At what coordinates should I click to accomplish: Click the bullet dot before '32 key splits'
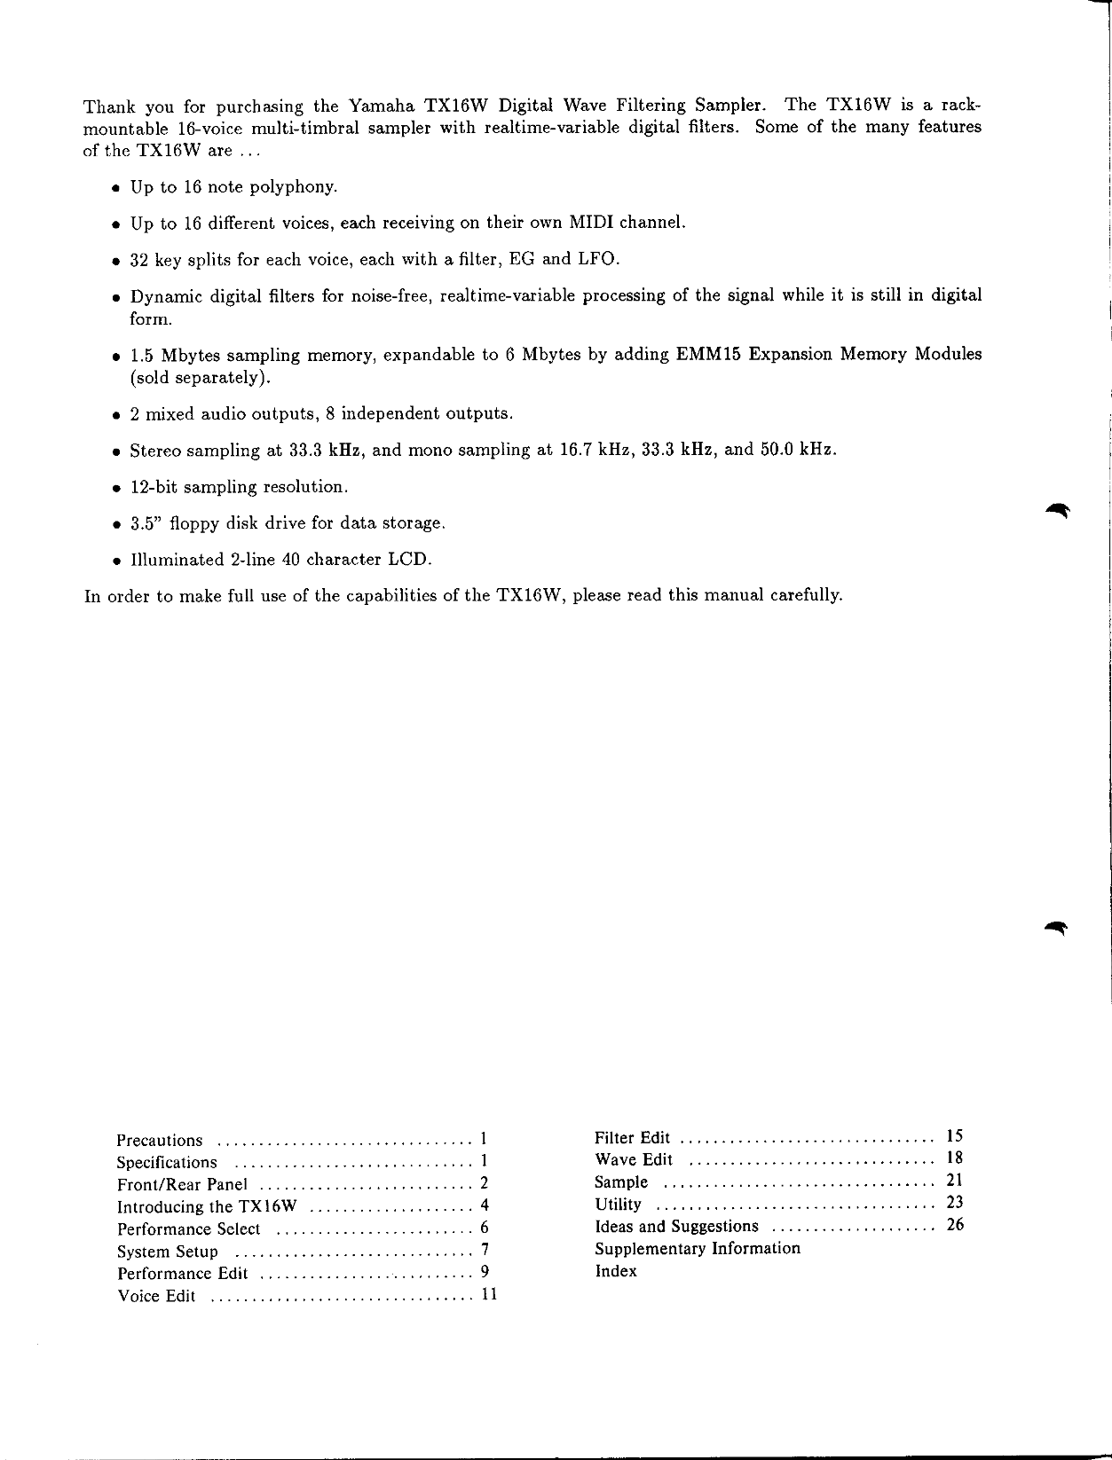[115, 261]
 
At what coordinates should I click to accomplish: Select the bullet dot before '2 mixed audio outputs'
[115, 415]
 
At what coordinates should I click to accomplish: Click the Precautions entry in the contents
[160, 1141]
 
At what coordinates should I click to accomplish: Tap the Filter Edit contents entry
[632, 1138]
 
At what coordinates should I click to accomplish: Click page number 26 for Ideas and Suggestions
[955, 1226]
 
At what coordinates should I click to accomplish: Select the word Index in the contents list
[616, 1271]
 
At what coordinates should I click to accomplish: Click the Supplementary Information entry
[697, 1249]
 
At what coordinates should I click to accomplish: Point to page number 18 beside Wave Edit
[955, 1158]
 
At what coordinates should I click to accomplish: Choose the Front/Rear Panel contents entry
[182, 1185]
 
